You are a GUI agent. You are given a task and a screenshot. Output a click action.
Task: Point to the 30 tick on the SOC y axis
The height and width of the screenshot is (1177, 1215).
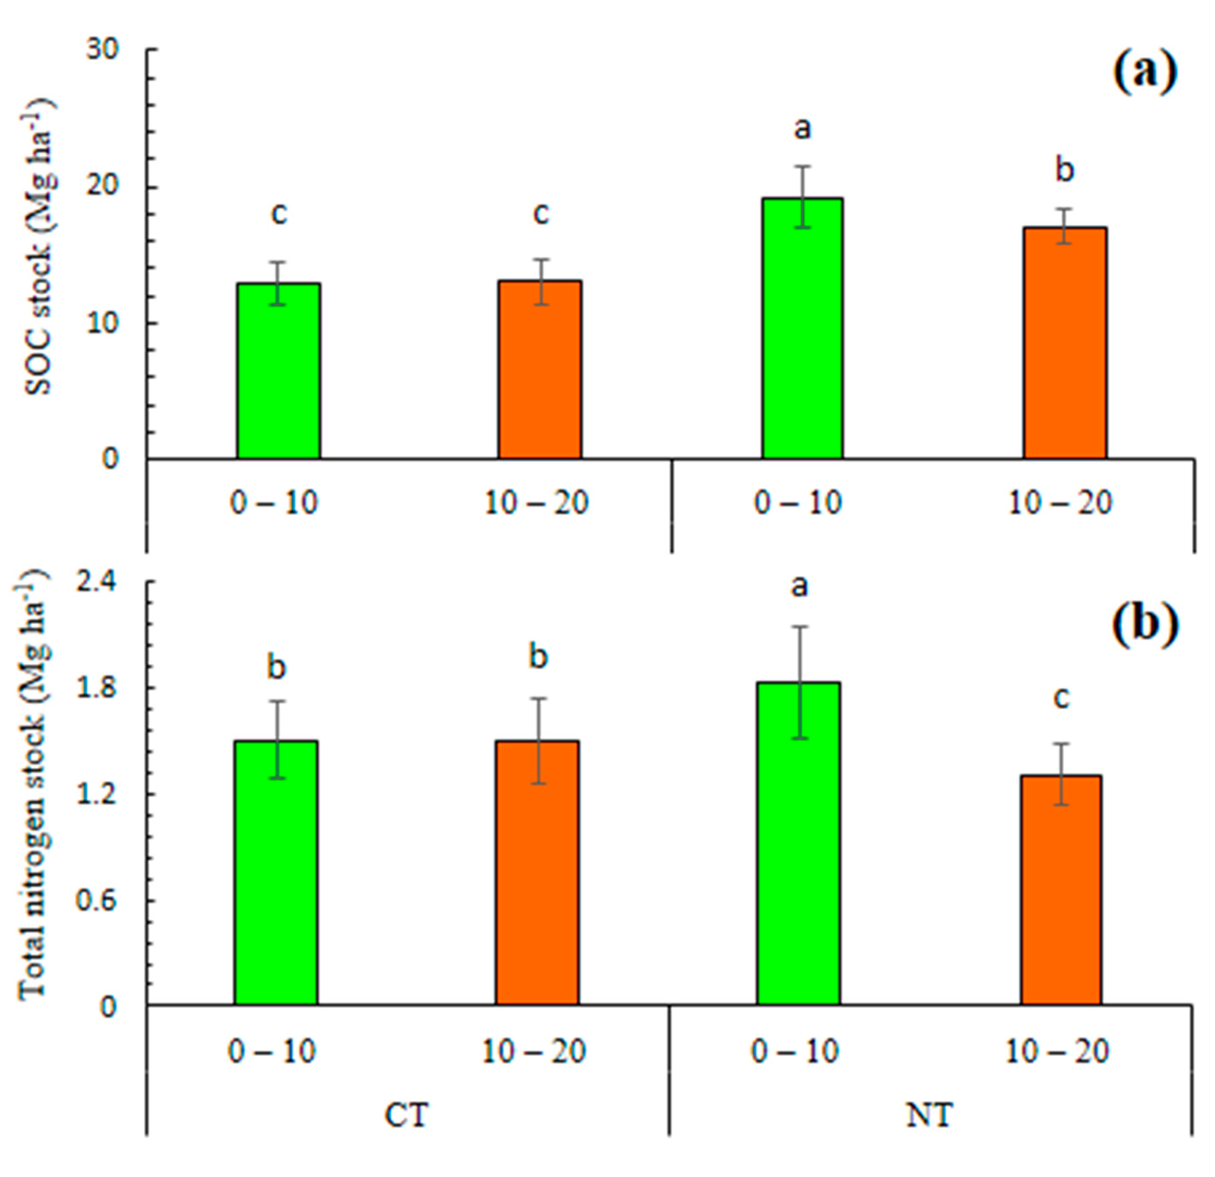tap(102, 49)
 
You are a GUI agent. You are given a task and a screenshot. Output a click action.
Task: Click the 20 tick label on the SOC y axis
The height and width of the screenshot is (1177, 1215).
tap(102, 187)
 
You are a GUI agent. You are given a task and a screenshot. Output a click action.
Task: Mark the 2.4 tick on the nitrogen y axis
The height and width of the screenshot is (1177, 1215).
tap(96, 582)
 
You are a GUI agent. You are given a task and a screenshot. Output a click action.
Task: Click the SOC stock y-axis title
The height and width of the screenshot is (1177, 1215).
tap(38, 248)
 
